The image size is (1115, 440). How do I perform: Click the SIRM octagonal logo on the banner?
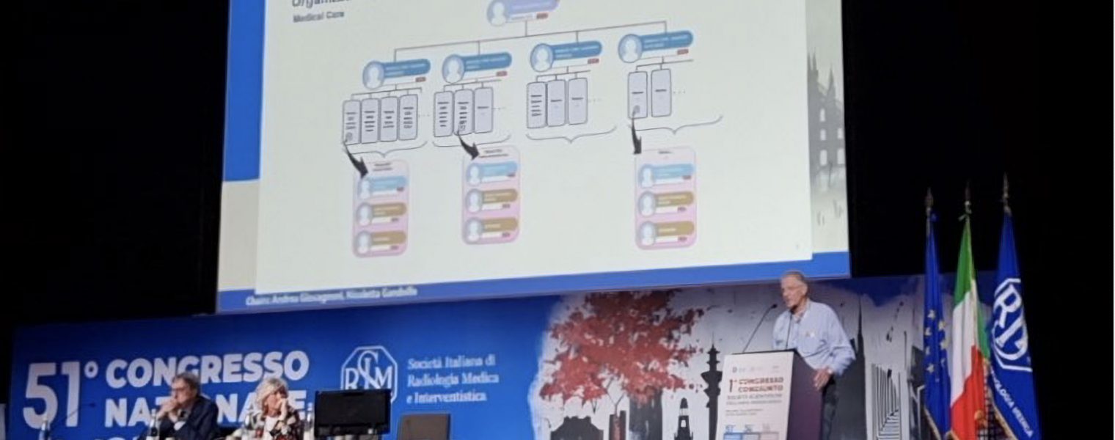369,373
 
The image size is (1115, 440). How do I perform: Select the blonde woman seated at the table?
273,411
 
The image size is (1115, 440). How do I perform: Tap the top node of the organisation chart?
522,11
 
